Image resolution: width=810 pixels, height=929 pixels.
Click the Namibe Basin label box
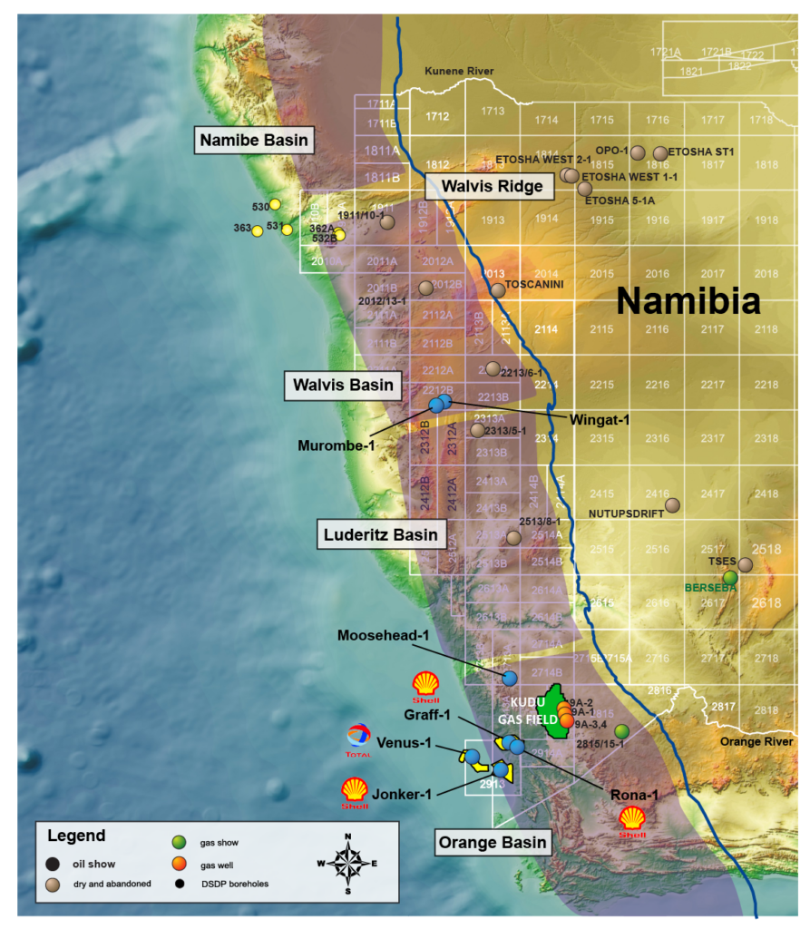tap(253, 141)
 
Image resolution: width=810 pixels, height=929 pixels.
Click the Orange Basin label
tap(493, 842)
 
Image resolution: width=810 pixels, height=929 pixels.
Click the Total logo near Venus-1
tap(359, 740)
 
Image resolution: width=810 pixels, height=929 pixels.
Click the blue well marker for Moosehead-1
tap(510, 678)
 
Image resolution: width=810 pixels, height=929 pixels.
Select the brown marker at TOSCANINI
tap(498, 290)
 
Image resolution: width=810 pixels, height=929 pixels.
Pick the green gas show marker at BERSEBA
tap(730, 577)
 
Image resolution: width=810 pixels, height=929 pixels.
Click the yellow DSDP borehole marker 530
tap(275, 205)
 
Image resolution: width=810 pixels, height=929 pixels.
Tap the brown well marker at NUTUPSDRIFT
tap(672, 505)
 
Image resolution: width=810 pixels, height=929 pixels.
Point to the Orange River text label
tap(756, 741)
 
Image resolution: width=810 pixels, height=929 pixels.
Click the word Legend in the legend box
tap(76, 836)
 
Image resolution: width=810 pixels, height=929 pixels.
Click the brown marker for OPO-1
tap(638, 152)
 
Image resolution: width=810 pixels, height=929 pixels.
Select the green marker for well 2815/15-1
tap(621, 731)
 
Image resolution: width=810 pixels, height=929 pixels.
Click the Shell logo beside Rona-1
tap(631, 819)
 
